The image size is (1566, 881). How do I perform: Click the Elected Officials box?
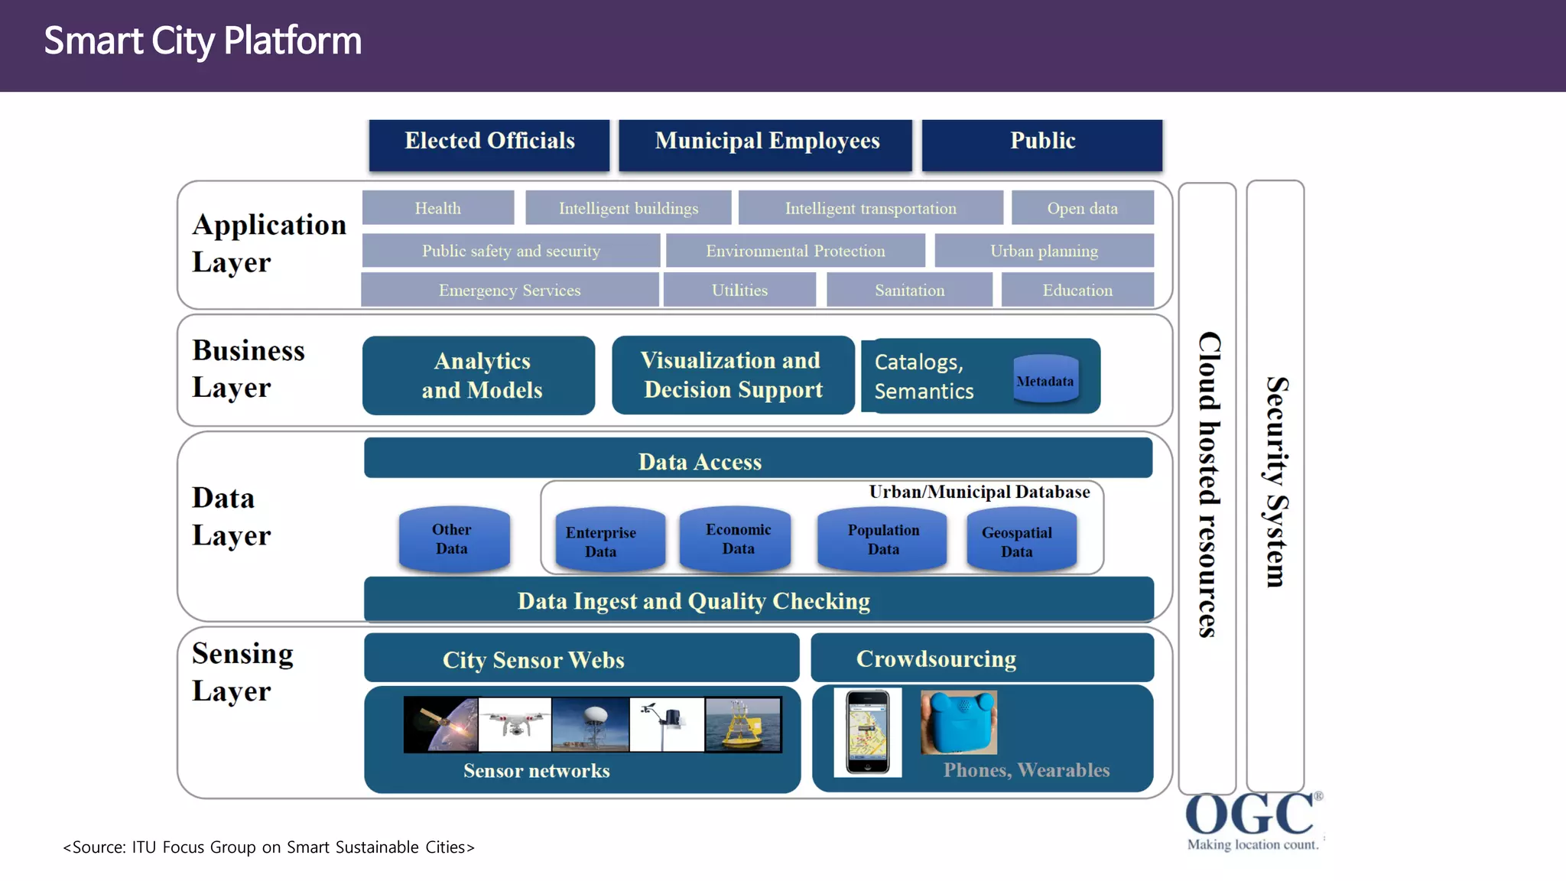coord(489,145)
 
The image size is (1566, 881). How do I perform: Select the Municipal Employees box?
coord(765,145)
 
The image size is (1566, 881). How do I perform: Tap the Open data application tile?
coord(1082,208)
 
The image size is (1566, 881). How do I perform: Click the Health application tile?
coord(437,208)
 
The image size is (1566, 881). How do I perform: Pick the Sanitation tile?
coord(909,291)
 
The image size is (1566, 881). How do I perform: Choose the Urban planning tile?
coord(1044,251)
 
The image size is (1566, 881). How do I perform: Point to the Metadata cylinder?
coord(1045,379)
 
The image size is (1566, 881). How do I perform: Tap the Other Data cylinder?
coord(453,539)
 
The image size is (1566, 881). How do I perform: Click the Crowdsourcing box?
coord(981,658)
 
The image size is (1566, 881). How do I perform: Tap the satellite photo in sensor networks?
coord(441,724)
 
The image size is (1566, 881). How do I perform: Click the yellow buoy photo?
coord(743,724)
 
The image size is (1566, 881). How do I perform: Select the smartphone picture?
coord(867,732)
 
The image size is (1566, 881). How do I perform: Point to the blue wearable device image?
coord(958,723)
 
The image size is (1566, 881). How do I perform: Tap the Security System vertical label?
coord(1275,483)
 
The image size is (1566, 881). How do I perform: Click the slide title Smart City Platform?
coord(203,41)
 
